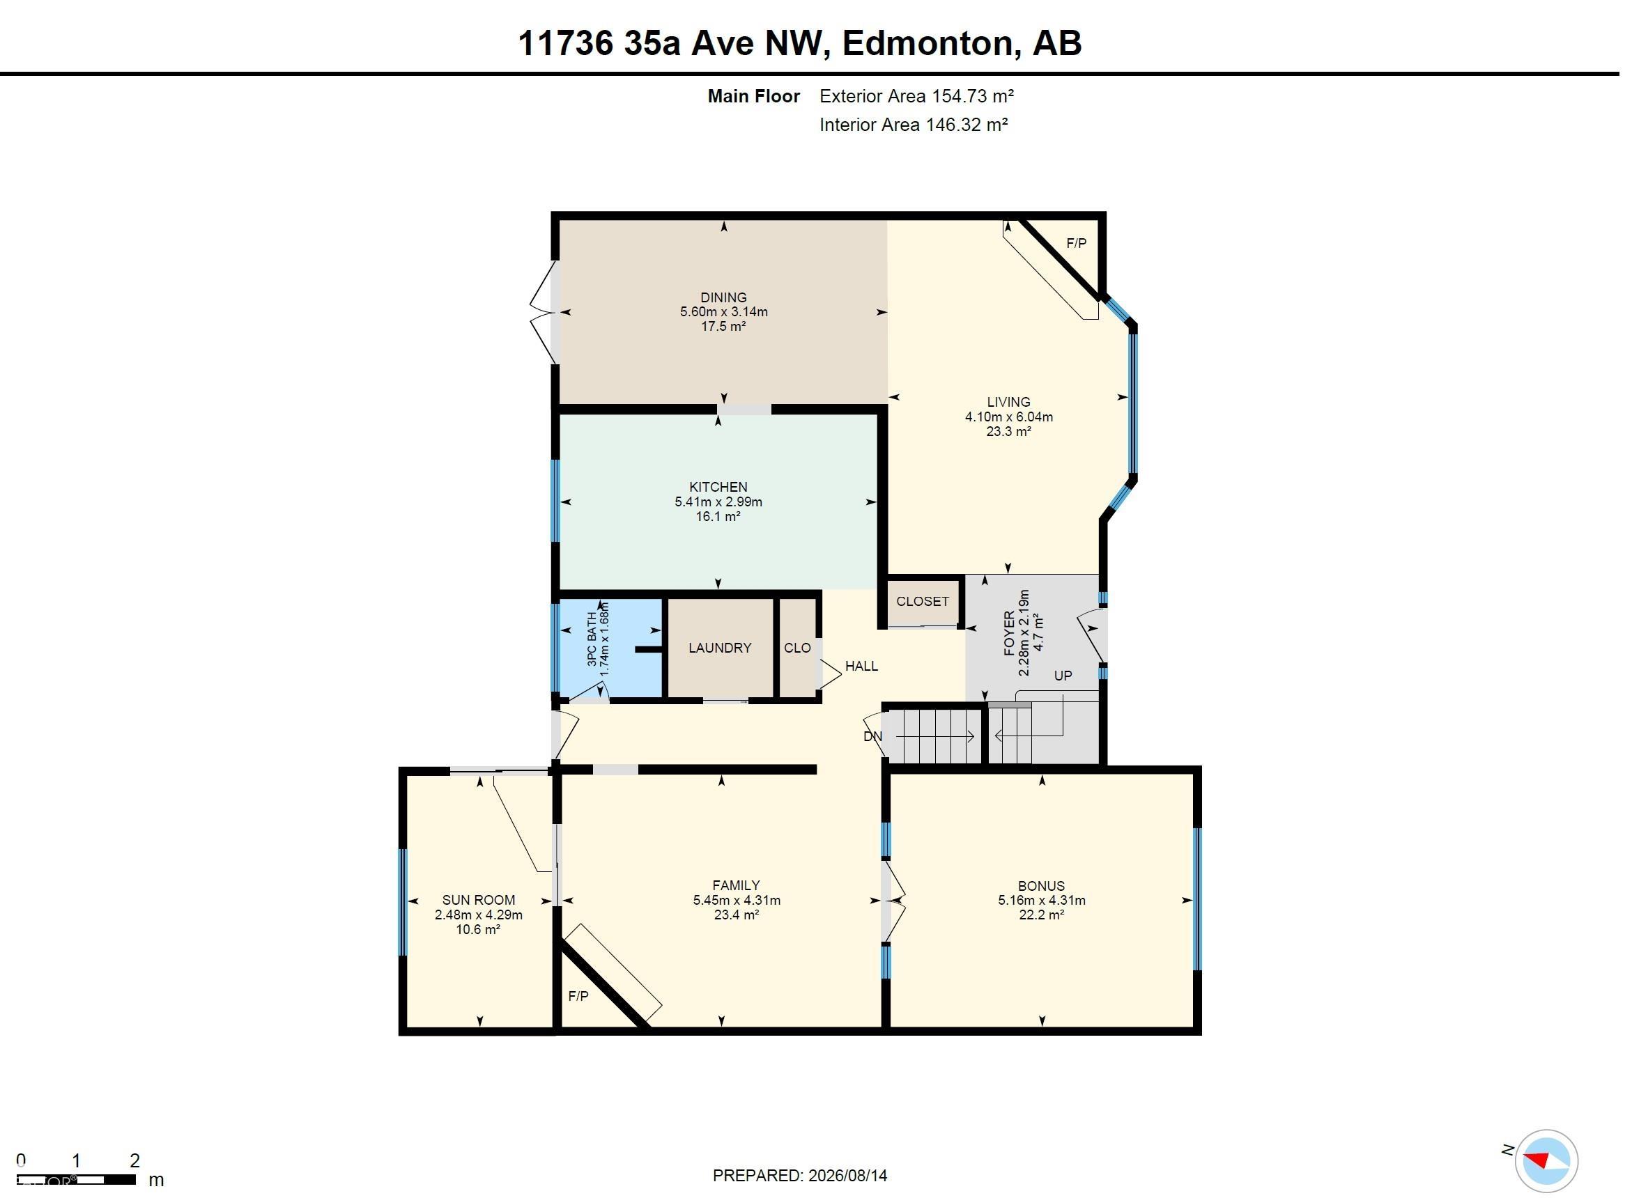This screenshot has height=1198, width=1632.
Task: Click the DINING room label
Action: pos(723,297)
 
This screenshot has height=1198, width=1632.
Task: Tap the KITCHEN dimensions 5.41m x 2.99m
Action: pos(718,501)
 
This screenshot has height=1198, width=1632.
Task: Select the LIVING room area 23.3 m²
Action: pos(1008,431)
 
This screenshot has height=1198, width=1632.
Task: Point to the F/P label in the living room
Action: pos(1077,244)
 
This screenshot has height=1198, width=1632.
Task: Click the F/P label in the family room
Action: pos(578,997)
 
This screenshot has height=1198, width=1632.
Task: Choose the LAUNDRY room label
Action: pos(720,648)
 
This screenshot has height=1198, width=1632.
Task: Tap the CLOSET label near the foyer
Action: pos(922,601)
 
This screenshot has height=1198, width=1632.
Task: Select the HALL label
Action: pos(862,666)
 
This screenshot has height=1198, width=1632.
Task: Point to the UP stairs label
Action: pos(1063,675)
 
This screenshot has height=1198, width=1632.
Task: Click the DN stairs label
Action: pos(872,736)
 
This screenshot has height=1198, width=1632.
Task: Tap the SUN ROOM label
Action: pos(479,900)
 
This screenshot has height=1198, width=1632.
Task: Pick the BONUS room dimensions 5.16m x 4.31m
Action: pos(1042,900)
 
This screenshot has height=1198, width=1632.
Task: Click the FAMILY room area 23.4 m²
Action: pos(737,915)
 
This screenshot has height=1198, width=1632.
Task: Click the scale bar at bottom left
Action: pos(76,1180)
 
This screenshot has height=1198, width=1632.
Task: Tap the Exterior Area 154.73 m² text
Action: pos(917,95)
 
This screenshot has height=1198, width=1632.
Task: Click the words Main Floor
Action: pos(753,95)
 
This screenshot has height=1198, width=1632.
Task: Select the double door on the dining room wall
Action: pos(544,313)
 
